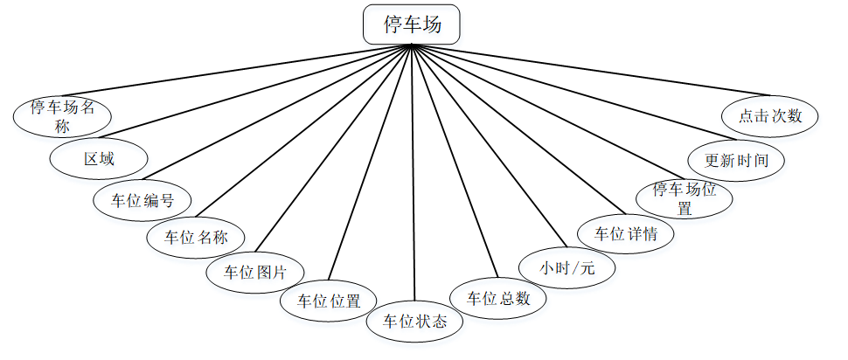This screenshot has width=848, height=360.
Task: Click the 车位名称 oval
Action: click(x=195, y=236)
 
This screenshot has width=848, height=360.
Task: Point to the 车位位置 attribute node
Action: click(x=329, y=301)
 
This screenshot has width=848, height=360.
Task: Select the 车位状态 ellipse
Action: click(x=415, y=321)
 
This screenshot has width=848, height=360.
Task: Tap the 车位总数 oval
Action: click(x=497, y=298)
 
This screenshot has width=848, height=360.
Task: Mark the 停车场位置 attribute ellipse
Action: click(x=685, y=197)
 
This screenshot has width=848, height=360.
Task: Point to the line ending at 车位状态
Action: click(x=413, y=175)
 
